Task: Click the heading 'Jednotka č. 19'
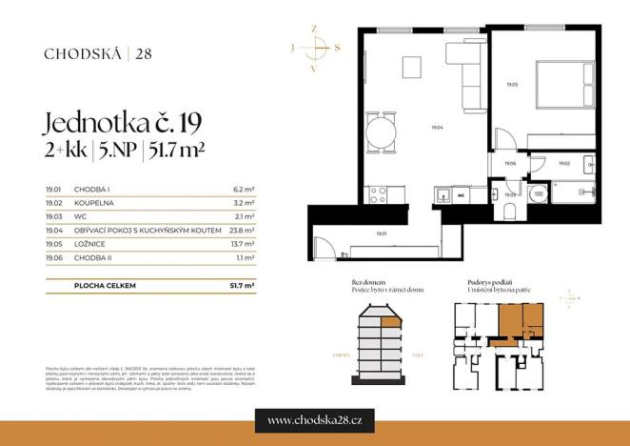pyautogui.click(x=125, y=123)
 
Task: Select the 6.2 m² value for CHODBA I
pyautogui.click(x=243, y=190)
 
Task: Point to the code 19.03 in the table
pyautogui.click(x=53, y=216)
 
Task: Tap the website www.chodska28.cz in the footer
pyautogui.click(x=314, y=419)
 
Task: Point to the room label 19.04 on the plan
pyautogui.click(x=436, y=127)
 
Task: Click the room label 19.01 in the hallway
pyautogui.click(x=380, y=233)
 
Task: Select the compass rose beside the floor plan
pyautogui.click(x=317, y=48)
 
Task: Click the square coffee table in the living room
pyautogui.click(x=411, y=68)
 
